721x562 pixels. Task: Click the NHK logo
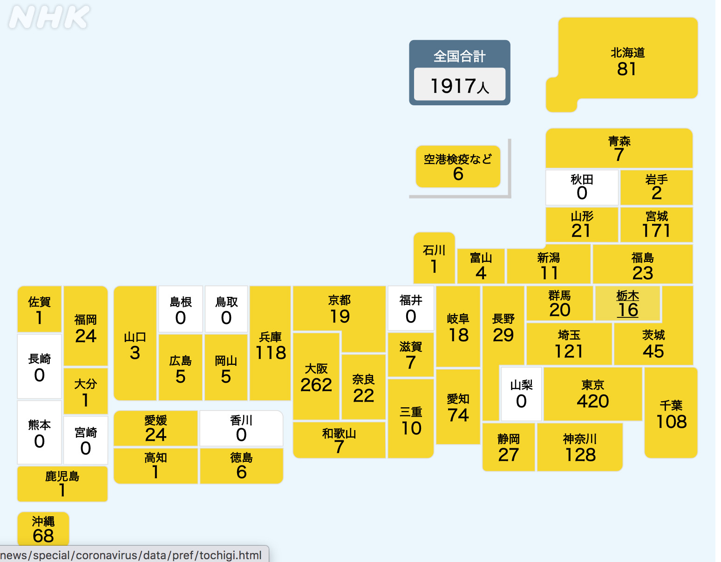[49, 17]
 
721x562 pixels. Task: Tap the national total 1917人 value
[459, 86]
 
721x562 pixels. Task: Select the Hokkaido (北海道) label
[627, 53]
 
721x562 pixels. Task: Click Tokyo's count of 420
[592, 401]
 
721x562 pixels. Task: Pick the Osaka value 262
[316, 385]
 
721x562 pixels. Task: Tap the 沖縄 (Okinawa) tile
[43, 529]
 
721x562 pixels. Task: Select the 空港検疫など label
[457, 159]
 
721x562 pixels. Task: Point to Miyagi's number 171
[656, 231]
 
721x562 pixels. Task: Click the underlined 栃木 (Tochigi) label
[627, 296]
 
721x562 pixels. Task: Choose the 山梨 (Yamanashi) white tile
[521, 394]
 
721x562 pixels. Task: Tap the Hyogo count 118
[271, 353]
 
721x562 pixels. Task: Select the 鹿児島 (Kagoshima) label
[62, 476]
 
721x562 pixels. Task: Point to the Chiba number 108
[671, 422]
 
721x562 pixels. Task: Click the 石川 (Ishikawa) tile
[434, 258]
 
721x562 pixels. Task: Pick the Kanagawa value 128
[580, 455]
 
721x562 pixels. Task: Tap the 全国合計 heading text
[459, 56]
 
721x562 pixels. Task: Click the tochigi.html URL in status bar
[131, 555]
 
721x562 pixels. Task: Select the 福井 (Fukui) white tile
[411, 308]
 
